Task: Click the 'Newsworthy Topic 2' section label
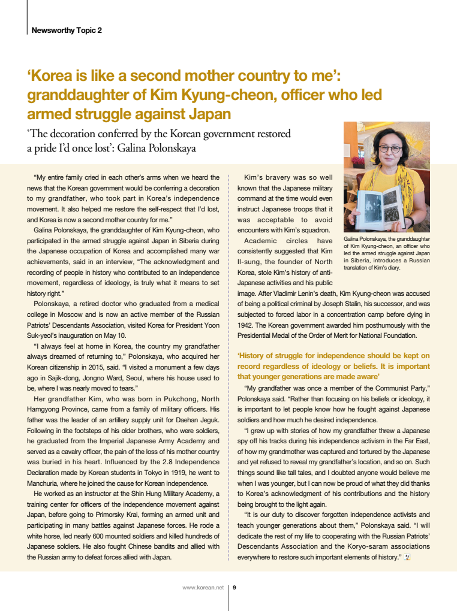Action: [67, 30]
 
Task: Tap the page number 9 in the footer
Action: [234, 587]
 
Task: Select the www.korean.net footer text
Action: [203, 587]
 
